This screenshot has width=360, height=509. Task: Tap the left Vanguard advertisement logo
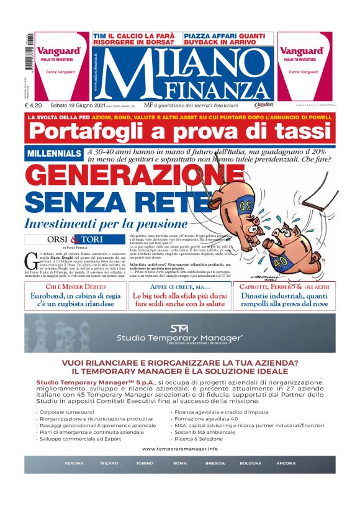click(59, 51)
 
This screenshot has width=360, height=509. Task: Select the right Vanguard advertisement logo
click(302, 51)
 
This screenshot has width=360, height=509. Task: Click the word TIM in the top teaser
click(99, 37)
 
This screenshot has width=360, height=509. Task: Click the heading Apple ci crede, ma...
click(179, 287)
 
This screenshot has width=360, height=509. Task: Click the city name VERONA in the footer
click(74, 464)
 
